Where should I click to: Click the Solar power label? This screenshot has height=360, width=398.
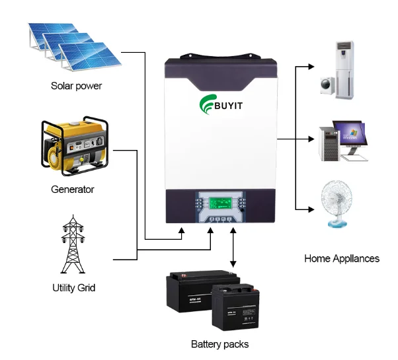coord(77,87)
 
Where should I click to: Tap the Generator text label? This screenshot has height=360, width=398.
coord(73,190)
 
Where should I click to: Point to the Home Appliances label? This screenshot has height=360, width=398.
coord(341,258)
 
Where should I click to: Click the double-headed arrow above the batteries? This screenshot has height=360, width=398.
coord(233,248)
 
